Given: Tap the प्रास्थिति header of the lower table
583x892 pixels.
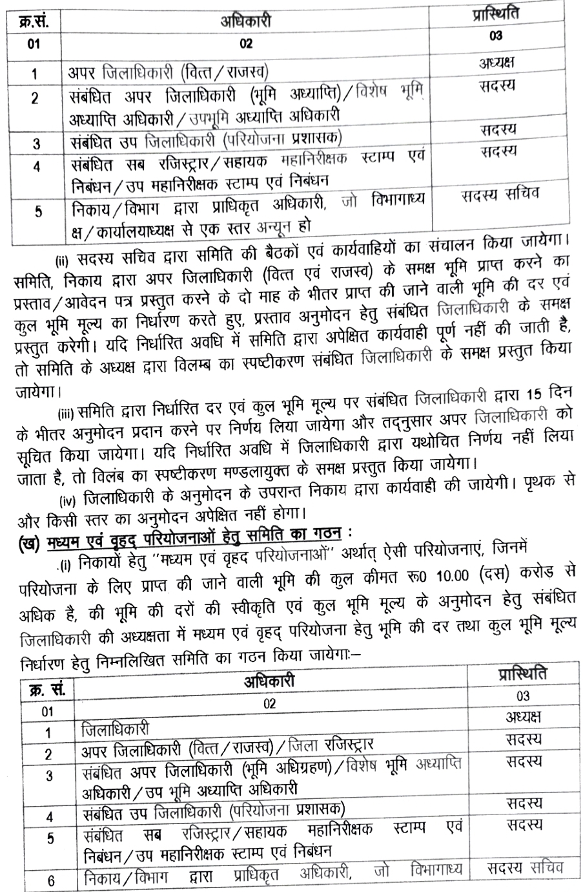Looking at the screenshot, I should click(x=523, y=675).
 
